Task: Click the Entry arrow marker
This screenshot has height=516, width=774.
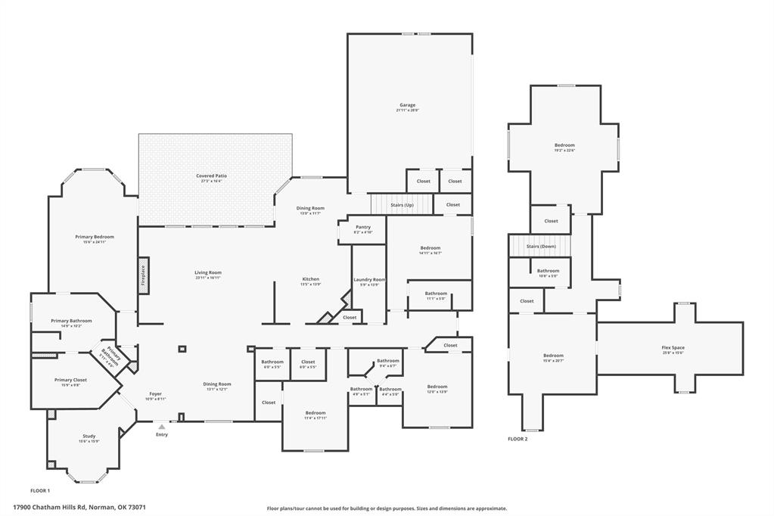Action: coord(161,427)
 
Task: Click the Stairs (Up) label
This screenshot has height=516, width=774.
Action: coord(402,204)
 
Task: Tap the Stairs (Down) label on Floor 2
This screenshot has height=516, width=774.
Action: coord(541,246)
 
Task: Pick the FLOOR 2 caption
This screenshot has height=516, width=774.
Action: coord(518,438)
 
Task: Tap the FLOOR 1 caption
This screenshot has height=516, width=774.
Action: coord(40,490)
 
